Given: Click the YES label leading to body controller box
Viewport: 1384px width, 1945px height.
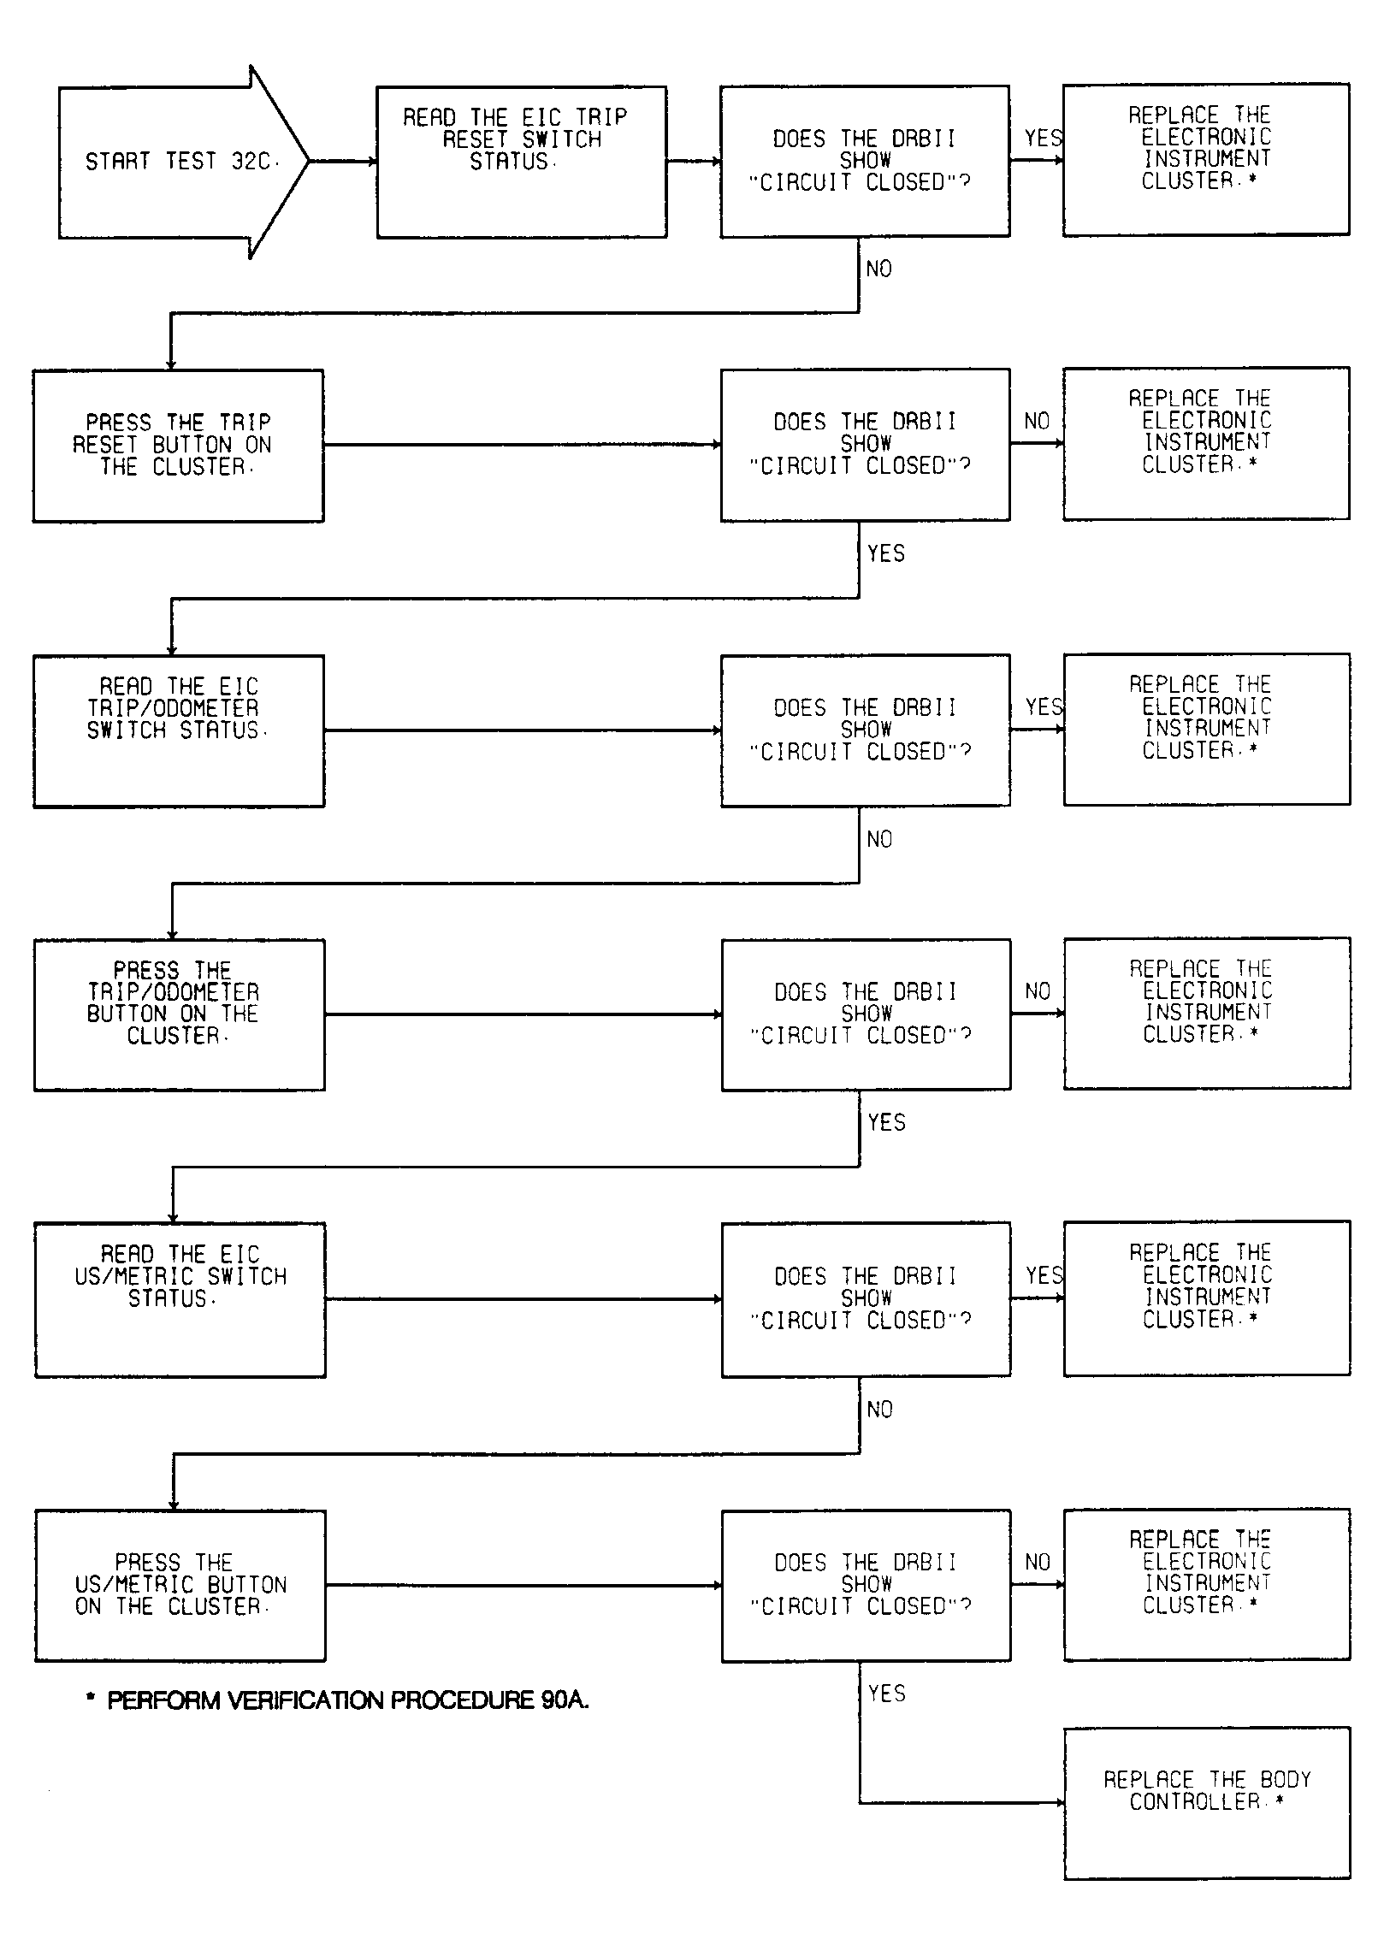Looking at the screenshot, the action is (x=887, y=1694).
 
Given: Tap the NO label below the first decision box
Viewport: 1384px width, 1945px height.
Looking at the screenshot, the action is (x=879, y=269).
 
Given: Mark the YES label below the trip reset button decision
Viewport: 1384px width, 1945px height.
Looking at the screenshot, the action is (x=886, y=553).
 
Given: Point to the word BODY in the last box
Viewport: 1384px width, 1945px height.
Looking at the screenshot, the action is (x=1286, y=1780).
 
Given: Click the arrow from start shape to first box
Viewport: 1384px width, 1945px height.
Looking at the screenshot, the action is (x=343, y=162).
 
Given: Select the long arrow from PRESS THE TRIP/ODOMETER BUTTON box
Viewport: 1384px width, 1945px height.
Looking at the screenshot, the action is (x=523, y=1014).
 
